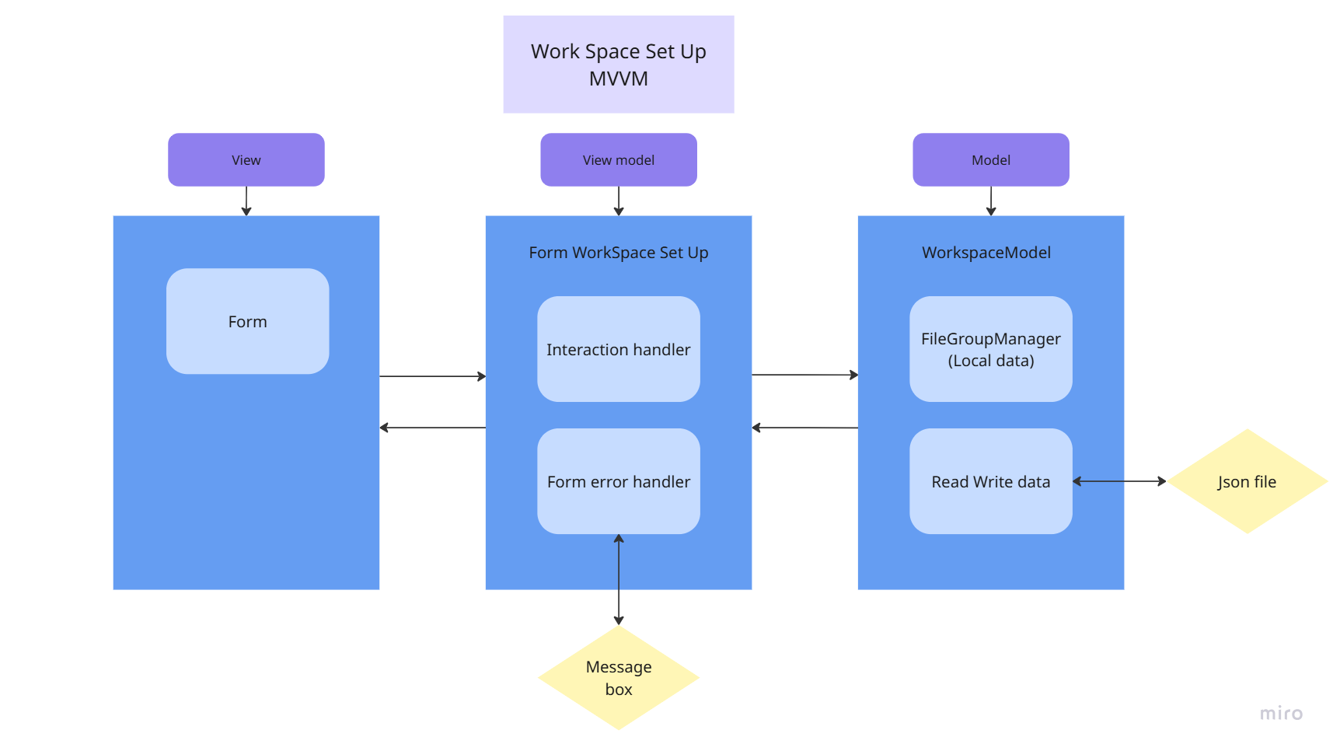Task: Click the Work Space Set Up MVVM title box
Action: (618, 65)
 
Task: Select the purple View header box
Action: (246, 159)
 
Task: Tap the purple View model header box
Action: (618, 159)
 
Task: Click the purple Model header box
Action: (990, 159)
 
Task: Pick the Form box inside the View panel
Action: (247, 321)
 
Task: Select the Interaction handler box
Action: (618, 349)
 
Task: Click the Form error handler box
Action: (618, 481)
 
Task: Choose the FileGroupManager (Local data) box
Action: (990, 349)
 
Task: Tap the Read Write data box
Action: (990, 481)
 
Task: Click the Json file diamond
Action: (1247, 481)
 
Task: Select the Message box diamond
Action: (618, 678)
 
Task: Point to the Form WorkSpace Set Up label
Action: (618, 253)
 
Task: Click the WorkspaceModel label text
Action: (986, 253)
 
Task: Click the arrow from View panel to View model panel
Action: (432, 376)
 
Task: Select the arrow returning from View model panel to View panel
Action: (432, 428)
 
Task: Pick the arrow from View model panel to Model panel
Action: (804, 375)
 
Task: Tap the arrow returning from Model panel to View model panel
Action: (804, 428)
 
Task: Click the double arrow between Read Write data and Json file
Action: (1119, 481)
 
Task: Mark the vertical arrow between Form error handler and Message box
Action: (619, 579)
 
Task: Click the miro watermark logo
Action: (1281, 713)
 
